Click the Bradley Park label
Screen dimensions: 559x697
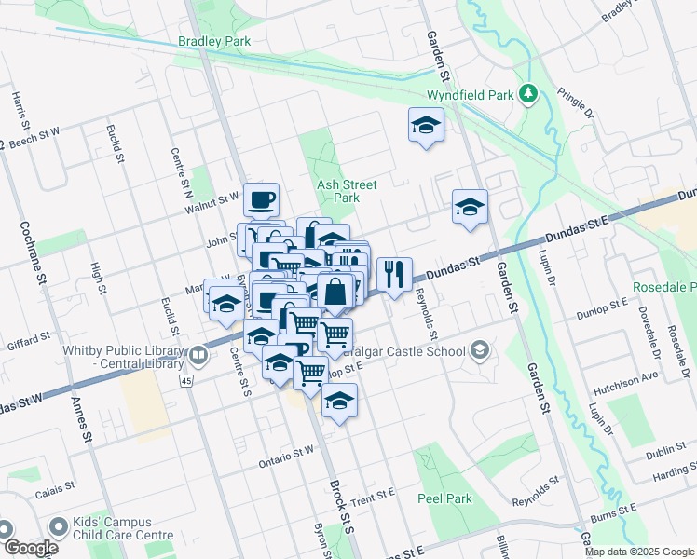(x=214, y=42)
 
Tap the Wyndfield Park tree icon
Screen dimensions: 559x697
(x=529, y=92)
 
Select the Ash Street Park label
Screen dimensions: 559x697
(x=346, y=191)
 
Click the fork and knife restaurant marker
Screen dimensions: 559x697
(x=394, y=274)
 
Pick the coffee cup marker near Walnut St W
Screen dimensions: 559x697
(x=262, y=198)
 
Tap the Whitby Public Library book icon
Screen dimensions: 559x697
(x=198, y=356)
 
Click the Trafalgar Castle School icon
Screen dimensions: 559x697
(x=480, y=351)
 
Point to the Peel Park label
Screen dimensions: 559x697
(x=445, y=498)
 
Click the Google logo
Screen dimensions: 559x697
(x=31, y=548)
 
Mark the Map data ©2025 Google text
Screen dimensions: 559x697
(x=638, y=552)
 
